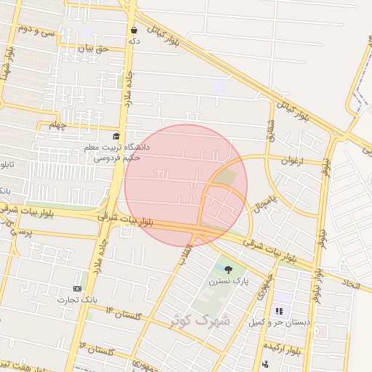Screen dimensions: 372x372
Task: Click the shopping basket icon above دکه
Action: pos(134,30)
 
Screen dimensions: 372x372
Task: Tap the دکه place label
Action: pos(134,41)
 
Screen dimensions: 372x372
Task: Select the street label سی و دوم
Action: pos(36,31)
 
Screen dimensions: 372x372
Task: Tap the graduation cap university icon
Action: pos(116,136)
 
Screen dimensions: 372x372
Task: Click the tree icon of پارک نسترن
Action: pos(229,270)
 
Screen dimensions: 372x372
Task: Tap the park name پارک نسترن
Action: pos(229,281)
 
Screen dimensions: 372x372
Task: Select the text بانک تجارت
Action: pos(77,299)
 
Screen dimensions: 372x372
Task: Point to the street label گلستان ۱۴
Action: pos(125,314)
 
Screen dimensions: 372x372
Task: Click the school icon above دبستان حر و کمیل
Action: pos(279,311)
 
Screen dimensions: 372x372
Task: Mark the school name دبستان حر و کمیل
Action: pos(280,322)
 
